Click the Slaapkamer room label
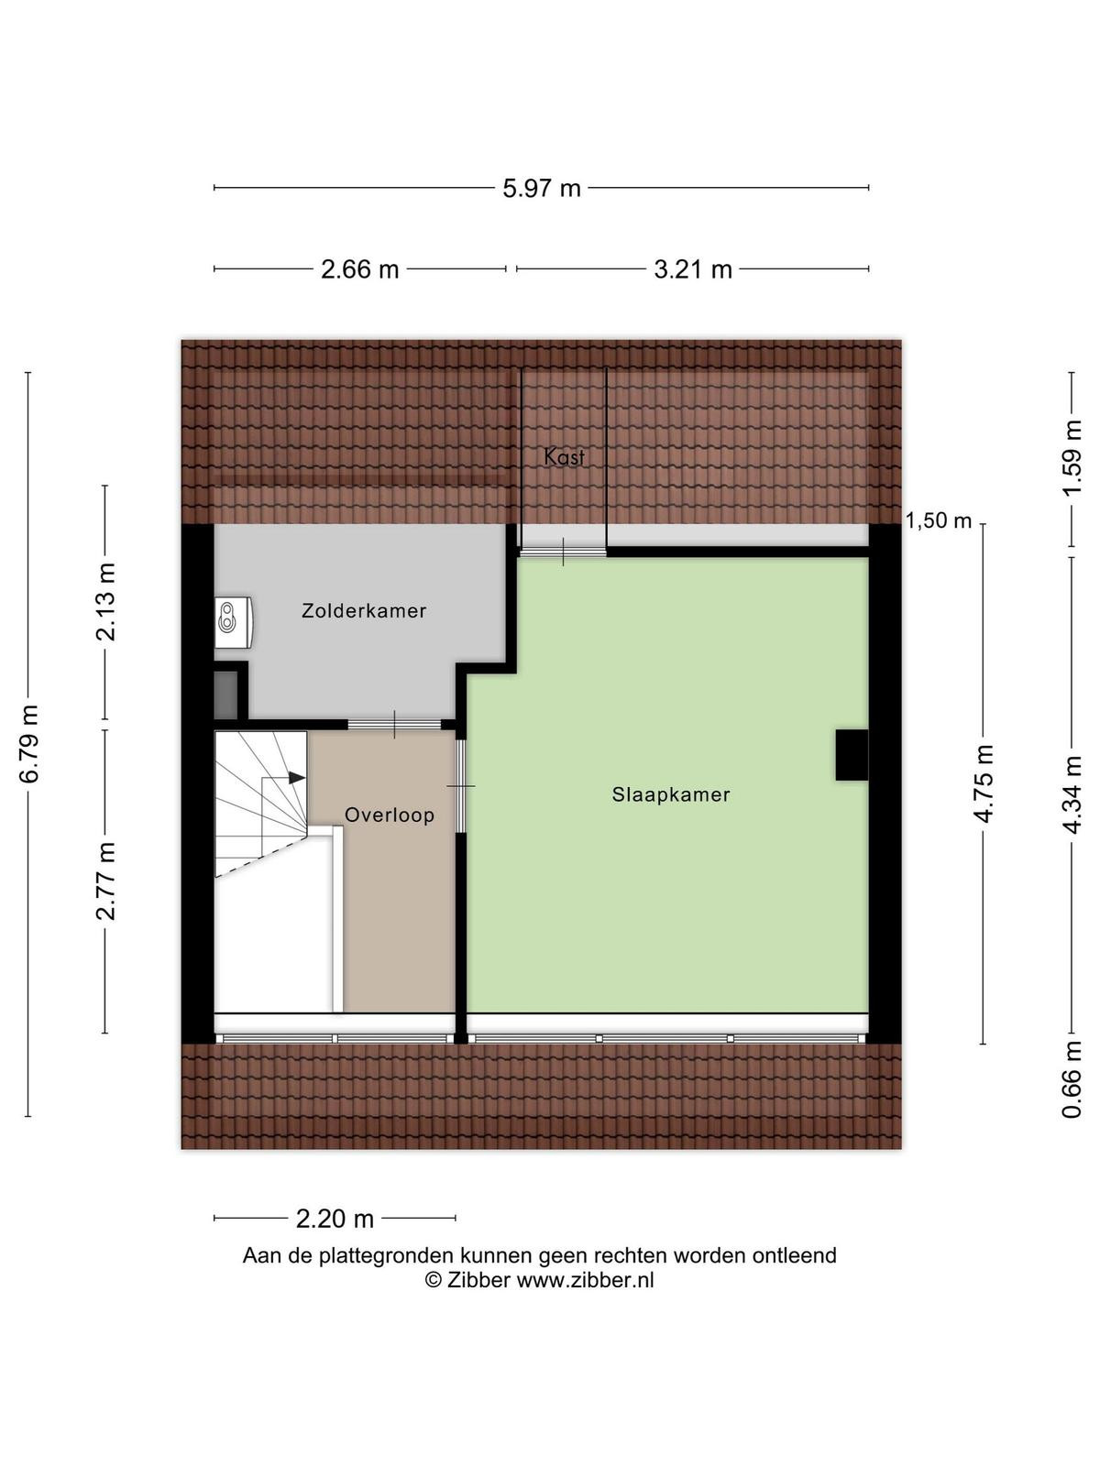point(670,794)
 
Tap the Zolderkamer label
point(363,610)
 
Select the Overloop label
point(390,815)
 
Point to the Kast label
point(565,457)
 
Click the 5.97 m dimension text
point(542,189)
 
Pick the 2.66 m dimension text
point(360,269)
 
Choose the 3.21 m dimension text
point(693,269)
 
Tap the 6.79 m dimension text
point(29,743)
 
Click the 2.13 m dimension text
point(105,602)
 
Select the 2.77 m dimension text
point(105,881)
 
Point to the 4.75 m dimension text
point(983,783)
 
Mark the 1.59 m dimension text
point(1072,457)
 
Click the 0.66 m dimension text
point(1072,1079)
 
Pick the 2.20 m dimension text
point(335,1220)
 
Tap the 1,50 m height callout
point(939,521)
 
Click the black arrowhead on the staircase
point(297,778)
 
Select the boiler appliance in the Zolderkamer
point(234,622)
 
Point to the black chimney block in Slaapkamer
point(852,755)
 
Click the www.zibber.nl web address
point(585,1280)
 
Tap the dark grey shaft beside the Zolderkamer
point(225,695)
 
